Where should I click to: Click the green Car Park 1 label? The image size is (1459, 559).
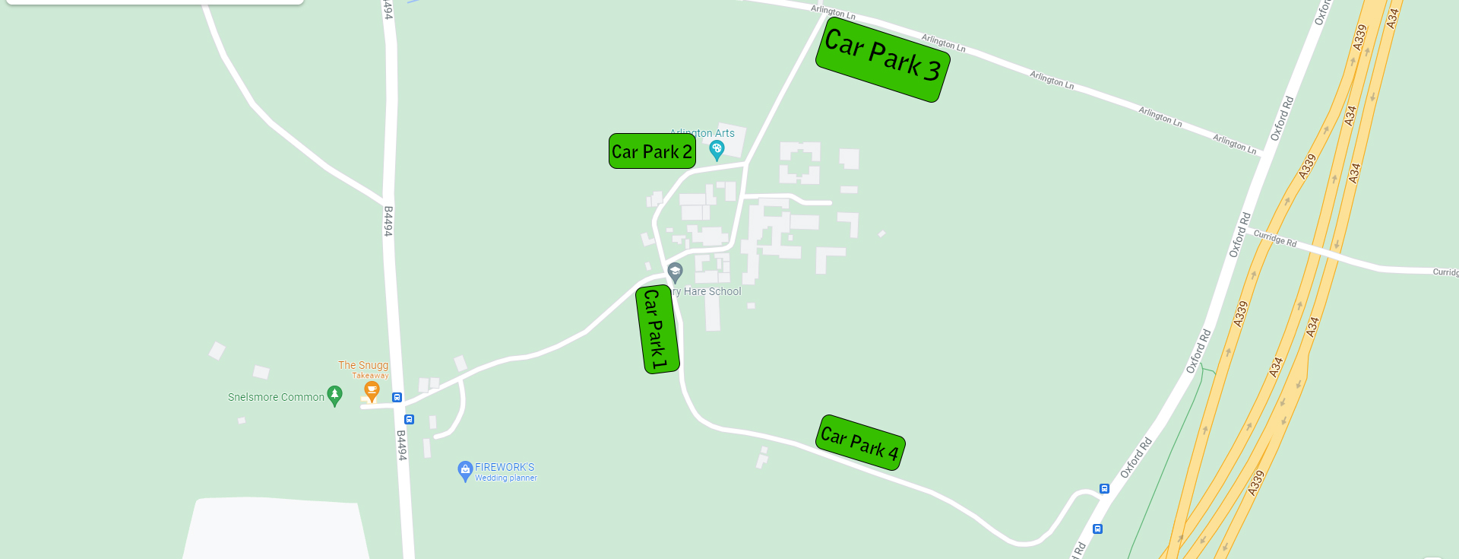[657, 329]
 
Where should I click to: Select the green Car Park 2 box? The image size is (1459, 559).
[652, 151]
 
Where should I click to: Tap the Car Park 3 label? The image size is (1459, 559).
[882, 59]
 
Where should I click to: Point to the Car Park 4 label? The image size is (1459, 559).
[860, 443]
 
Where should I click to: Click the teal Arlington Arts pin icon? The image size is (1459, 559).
[717, 150]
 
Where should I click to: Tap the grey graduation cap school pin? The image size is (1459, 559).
[675, 272]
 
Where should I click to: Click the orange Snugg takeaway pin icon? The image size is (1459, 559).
[372, 391]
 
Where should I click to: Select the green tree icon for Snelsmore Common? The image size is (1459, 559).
[334, 395]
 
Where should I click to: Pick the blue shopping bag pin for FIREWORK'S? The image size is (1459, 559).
[465, 471]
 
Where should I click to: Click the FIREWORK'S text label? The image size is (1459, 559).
[505, 467]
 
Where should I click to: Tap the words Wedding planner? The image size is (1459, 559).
[506, 478]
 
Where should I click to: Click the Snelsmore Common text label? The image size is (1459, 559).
[276, 397]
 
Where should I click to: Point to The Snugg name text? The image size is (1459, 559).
[363, 365]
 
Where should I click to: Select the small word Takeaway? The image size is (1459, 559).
[370, 376]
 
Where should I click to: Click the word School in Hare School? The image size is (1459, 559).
[725, 291]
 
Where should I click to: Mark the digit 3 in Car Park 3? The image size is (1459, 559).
[932, 70]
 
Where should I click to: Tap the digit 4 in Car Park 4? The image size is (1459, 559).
[893, 454]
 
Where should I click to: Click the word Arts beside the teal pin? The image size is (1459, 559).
[724, 133]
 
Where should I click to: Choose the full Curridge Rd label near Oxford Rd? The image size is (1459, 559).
[1274, 238]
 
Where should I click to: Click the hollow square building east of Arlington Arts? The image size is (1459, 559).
[799, 162]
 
